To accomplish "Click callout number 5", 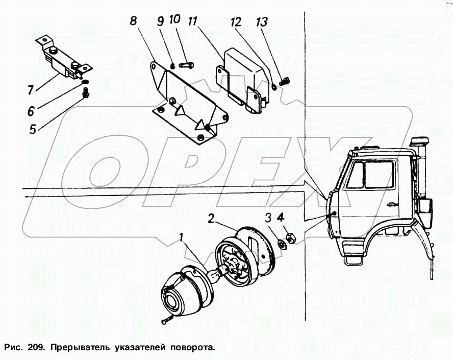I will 32,129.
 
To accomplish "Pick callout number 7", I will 31,90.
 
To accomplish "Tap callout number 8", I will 133,21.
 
